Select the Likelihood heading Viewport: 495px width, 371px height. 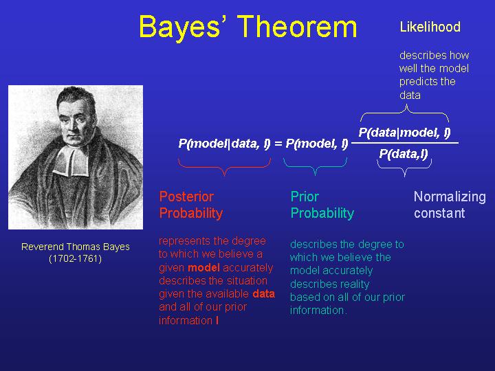tap(430, 27)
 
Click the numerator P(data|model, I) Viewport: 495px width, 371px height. tap(404, 133)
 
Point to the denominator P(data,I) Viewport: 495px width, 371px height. tap(404, 154)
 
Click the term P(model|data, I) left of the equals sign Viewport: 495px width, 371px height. tap(224, 144)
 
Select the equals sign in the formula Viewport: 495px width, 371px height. tap(278, 144)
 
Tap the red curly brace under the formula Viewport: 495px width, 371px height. tap(224, 167)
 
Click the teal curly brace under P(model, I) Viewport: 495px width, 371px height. tap(315, 166)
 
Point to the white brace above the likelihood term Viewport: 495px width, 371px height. tap(405, 113)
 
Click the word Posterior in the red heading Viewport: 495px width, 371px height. tap(186, 196)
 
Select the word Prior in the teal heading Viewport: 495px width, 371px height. tap(305, 196)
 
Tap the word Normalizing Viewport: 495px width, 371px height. tap(450, 196)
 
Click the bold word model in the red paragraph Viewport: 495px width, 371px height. tap(203, 268)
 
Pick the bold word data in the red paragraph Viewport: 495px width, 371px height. tap(263, 294)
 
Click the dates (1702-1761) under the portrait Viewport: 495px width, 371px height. tap(76, 259)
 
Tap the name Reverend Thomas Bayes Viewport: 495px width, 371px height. tap(76, 247)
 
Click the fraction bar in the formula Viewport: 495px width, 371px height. tap(405, 143)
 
